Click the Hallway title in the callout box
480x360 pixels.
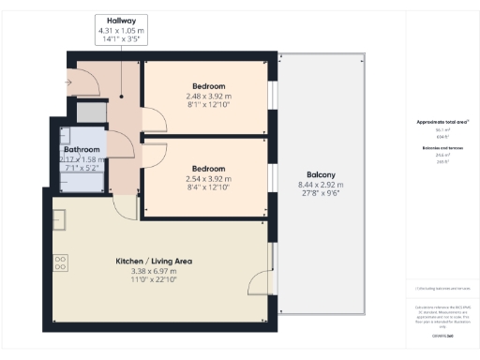point(119,20)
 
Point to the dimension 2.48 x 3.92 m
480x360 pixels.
point(205,97)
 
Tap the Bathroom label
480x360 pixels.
point(82,150)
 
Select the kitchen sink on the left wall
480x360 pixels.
point(58,220)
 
